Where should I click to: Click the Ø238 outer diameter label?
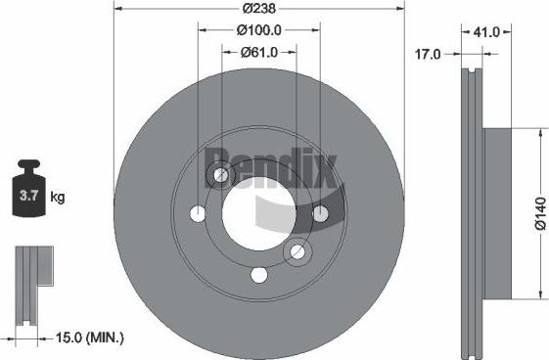(259, 8)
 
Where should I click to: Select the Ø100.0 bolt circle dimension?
(259, 30)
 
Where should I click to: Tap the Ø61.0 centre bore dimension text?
(259, 53)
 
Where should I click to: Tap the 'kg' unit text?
(58, 198)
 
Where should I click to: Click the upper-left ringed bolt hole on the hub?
(222, 176)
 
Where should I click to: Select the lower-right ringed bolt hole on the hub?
(296, 252)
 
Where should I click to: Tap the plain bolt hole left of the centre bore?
(200, 213)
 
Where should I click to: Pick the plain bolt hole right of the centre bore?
(319, 213)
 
